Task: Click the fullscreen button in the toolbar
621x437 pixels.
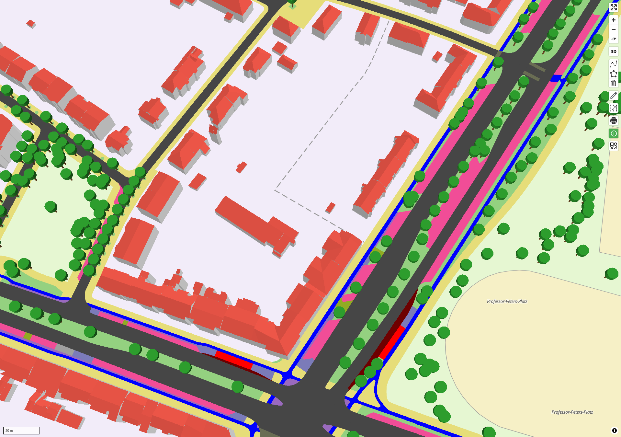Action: pos(614,7)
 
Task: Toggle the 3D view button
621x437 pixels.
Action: pos(614,52)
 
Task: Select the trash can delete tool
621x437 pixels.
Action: pos(614,83)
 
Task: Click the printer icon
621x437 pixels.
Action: pos(614,121)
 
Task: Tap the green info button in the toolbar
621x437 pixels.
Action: pos(614,133)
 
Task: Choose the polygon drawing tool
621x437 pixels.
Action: pos(614,74)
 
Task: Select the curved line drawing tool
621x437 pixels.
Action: pos(614,64)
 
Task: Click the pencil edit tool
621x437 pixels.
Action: pos(614,96)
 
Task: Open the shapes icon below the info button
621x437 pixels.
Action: pos(614,146)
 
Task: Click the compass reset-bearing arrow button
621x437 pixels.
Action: pos(614,39)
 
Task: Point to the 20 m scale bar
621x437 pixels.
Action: pos(21,431)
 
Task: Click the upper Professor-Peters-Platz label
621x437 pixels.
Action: pos(507,301)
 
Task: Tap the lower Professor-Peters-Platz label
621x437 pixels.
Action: pos(572,412)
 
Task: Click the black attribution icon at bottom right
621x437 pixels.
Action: pos(614,431)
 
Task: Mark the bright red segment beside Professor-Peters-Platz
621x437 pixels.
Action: pos(392,343)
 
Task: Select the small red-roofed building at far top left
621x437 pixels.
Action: pos(31,24)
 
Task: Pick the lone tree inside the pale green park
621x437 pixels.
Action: pos(51,206)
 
